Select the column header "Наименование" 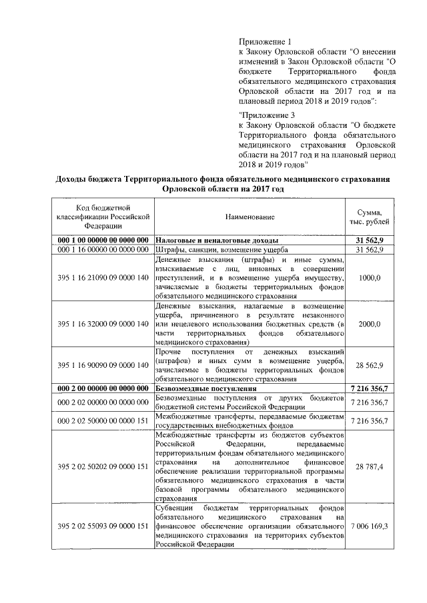[x=249, y=217]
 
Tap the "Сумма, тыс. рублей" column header [x=379, y=217]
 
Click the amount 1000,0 [x=379, y=277]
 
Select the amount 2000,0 [x=379, y=324]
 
